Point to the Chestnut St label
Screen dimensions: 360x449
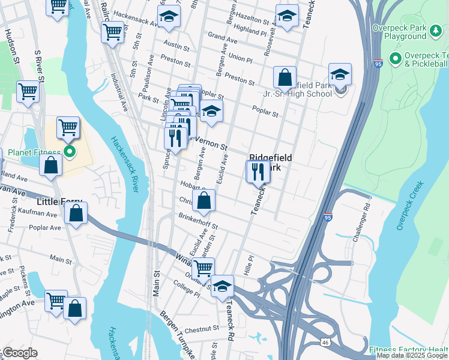[202, 329]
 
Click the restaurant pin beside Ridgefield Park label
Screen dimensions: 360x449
[258, 172]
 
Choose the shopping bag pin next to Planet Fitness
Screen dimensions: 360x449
[51, 166]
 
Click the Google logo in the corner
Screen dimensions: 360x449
[19, 353]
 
